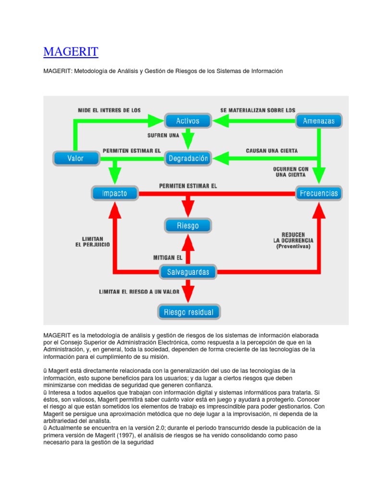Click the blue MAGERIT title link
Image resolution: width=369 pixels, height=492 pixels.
(x=71, y=52)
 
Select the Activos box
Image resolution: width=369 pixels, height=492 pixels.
(x=188, y=121)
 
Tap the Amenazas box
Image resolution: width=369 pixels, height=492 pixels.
(x=319, y=121)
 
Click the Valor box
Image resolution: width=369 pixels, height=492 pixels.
(x=75, y=158)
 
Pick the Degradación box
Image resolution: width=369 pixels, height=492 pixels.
(x=188, y=158)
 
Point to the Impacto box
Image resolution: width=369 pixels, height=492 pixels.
(x=114, y=193)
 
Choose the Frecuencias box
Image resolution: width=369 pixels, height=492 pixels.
(x=319, y=194)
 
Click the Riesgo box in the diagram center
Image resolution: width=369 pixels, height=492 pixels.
(x=188, y=225)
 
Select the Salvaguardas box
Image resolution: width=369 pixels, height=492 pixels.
(x=188, y=272)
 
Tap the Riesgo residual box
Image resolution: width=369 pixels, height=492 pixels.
(x=189, y=312)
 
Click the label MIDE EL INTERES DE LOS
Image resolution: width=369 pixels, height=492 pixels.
(x=110, y=110)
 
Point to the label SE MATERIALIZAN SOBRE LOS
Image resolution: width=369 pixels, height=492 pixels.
(x=258, y=110)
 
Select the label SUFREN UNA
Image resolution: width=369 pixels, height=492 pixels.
(x=163, y=135)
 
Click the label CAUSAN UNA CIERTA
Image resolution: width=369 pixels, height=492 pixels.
(x=272, y=150)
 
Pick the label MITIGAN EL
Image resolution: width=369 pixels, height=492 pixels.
(x=168, y=258)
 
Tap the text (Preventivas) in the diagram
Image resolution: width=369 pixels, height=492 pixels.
(x=293, y=246)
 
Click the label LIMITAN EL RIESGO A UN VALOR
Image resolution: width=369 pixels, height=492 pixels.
(x=139, y=292)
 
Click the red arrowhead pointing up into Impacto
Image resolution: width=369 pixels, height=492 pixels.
(x=114, y=209)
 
